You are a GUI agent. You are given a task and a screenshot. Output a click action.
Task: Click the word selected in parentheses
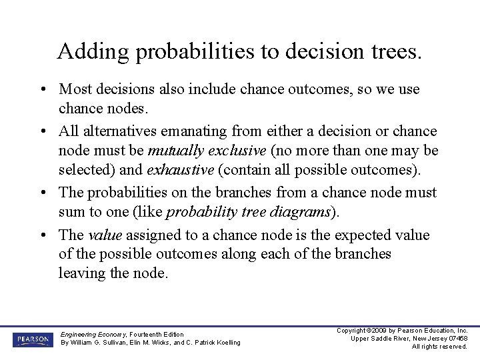point(83,169)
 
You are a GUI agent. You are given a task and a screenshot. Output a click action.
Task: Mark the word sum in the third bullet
point(71,212)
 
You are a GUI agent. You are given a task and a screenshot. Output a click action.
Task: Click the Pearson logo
point(31,339)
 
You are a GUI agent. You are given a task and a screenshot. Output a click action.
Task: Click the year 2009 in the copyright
point(377,331)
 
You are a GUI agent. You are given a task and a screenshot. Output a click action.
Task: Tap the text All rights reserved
point(439,347)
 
